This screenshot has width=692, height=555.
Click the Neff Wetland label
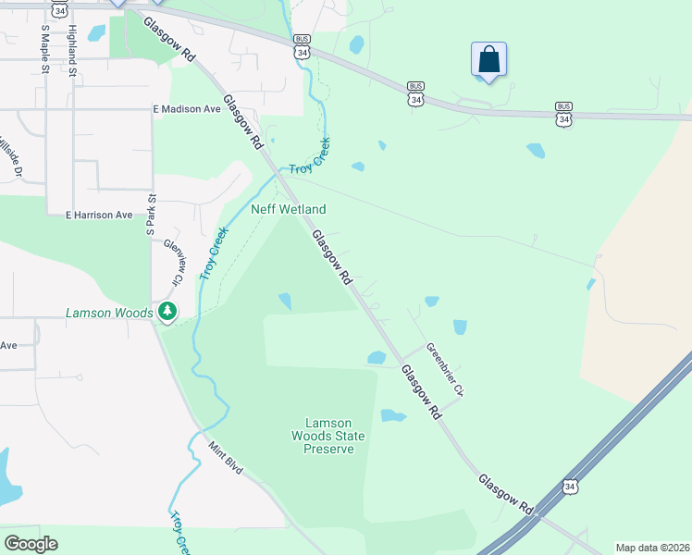[x=289, y=210]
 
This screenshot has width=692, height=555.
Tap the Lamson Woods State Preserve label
[x=328, y=436]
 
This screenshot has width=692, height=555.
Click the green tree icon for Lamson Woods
[x=167, y=313]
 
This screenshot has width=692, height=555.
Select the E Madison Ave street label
[x=187, y=109]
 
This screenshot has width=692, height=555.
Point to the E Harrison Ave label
[x=99, y=216]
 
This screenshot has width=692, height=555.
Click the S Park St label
[x=150, y=214]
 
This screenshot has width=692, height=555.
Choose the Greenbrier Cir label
[x=445, y=370]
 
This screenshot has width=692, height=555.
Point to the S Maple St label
[x=44, y=43]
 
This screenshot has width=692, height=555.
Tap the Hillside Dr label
[x=8, y=158]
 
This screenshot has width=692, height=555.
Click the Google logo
[x=31, y=544]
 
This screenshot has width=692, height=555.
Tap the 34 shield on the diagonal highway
[x=570, y=487]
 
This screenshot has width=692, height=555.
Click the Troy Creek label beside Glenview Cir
[x=213, y=254]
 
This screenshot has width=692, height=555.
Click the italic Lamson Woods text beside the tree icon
[x=108, y=313]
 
